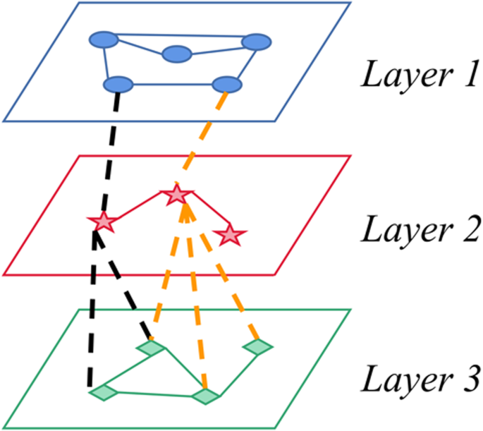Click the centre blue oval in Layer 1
click(176, 54)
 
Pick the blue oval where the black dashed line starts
click(118, 85)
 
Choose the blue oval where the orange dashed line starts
click(227, 85)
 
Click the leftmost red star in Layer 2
click(101, 221)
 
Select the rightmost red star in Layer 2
click(228, 234)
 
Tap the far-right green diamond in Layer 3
click(257, 346)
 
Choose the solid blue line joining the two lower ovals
click(173, 85)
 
